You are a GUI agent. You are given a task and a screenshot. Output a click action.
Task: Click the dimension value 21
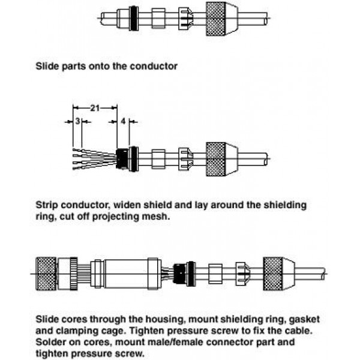(x=95, y=108)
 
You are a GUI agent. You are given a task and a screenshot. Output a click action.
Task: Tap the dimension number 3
(x=77, y=121)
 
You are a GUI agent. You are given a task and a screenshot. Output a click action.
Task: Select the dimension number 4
(x=123, y=121)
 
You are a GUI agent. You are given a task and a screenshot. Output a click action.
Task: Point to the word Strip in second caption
(x=47, y=205)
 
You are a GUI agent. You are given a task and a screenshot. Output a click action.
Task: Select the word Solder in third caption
(x=50, y=342)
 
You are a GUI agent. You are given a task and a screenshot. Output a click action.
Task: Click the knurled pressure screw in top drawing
(x=222, y=19)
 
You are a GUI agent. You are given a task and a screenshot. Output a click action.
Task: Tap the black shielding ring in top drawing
(x=134, y=19)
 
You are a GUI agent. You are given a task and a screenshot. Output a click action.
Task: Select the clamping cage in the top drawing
(x=185, y=19)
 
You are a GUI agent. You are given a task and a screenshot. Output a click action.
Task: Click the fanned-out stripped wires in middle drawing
(x=94, y=159)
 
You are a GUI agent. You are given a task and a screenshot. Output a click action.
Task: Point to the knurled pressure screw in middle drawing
(x=222, y=159)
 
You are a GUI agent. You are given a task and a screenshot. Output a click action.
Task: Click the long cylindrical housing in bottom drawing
(x=126, y=274)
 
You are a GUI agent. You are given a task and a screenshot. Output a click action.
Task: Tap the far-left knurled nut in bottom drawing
(x=46, y=274)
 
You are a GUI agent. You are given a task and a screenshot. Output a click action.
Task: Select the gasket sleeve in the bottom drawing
(x=215, y=274)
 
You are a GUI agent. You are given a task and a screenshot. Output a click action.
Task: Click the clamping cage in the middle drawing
(x=185, y=159)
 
